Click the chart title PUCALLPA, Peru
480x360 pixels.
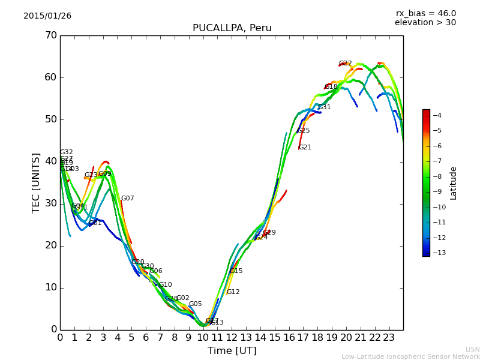coord(232,28)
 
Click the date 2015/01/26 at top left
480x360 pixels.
coord(47,16)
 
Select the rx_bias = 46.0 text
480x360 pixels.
coord(425,13)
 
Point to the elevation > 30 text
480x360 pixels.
coord(425,23)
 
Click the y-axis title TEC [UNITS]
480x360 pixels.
coord(36,182)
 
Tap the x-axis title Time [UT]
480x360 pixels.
coord(232,351)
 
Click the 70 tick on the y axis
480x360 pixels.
coord(50,35)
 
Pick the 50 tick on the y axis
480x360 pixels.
coord(50,119)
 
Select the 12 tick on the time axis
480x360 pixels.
coord(232,338)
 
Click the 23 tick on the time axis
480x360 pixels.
coord(389,338)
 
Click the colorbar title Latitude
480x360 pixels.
coord(454,183)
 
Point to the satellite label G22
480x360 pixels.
coord(345,64)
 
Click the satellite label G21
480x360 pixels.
coord(305,148)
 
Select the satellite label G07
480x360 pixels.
coord(127,199)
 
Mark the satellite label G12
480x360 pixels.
coord(233,292)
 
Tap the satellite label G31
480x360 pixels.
coord(324,107)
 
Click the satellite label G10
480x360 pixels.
coord(165,285)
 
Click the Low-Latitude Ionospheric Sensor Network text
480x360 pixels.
coord(410,356)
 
